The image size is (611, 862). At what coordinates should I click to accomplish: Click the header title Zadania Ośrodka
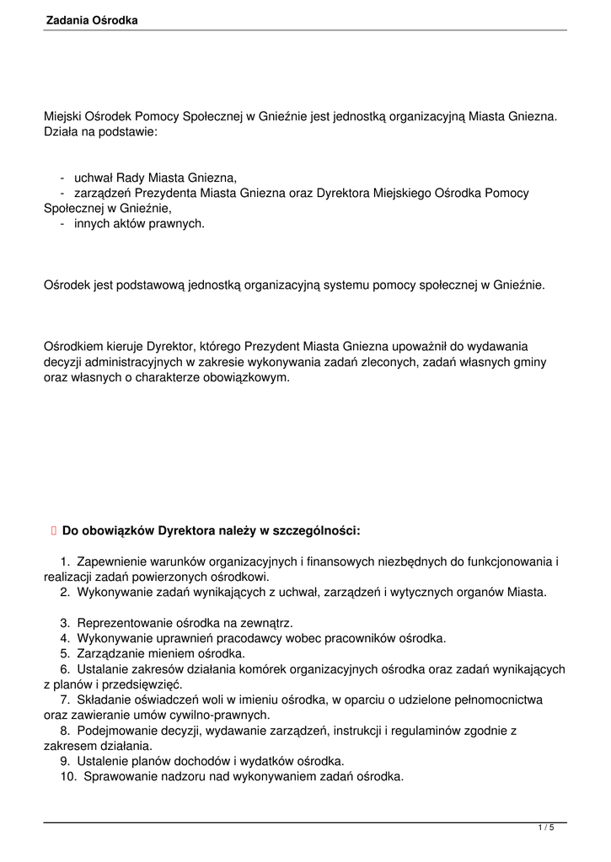pyautogui.click(x=92, y=19)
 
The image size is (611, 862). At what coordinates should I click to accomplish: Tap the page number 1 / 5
pyautogui.click(x=546, y=828)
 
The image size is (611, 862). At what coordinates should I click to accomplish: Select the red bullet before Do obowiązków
pyautogui.click(x=53, y=530)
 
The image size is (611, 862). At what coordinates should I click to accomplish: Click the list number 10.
pyautogui.click(x=67, y=777)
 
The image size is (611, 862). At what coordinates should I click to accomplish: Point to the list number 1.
pyautogui.click(x=65, y=561)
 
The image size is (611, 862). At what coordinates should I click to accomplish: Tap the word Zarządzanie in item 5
pyautogui.click(x=110, y=653)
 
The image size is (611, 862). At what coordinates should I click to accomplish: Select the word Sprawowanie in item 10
pyautogui.click(x=119, y=777)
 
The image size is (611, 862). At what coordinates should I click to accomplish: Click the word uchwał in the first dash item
pyautogui.click(x=94, y=178)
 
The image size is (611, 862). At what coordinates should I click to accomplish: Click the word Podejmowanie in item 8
pyautogui.click(x=114, y=731)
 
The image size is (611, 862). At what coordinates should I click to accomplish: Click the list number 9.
pyautogui.click(x=64, y=761)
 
